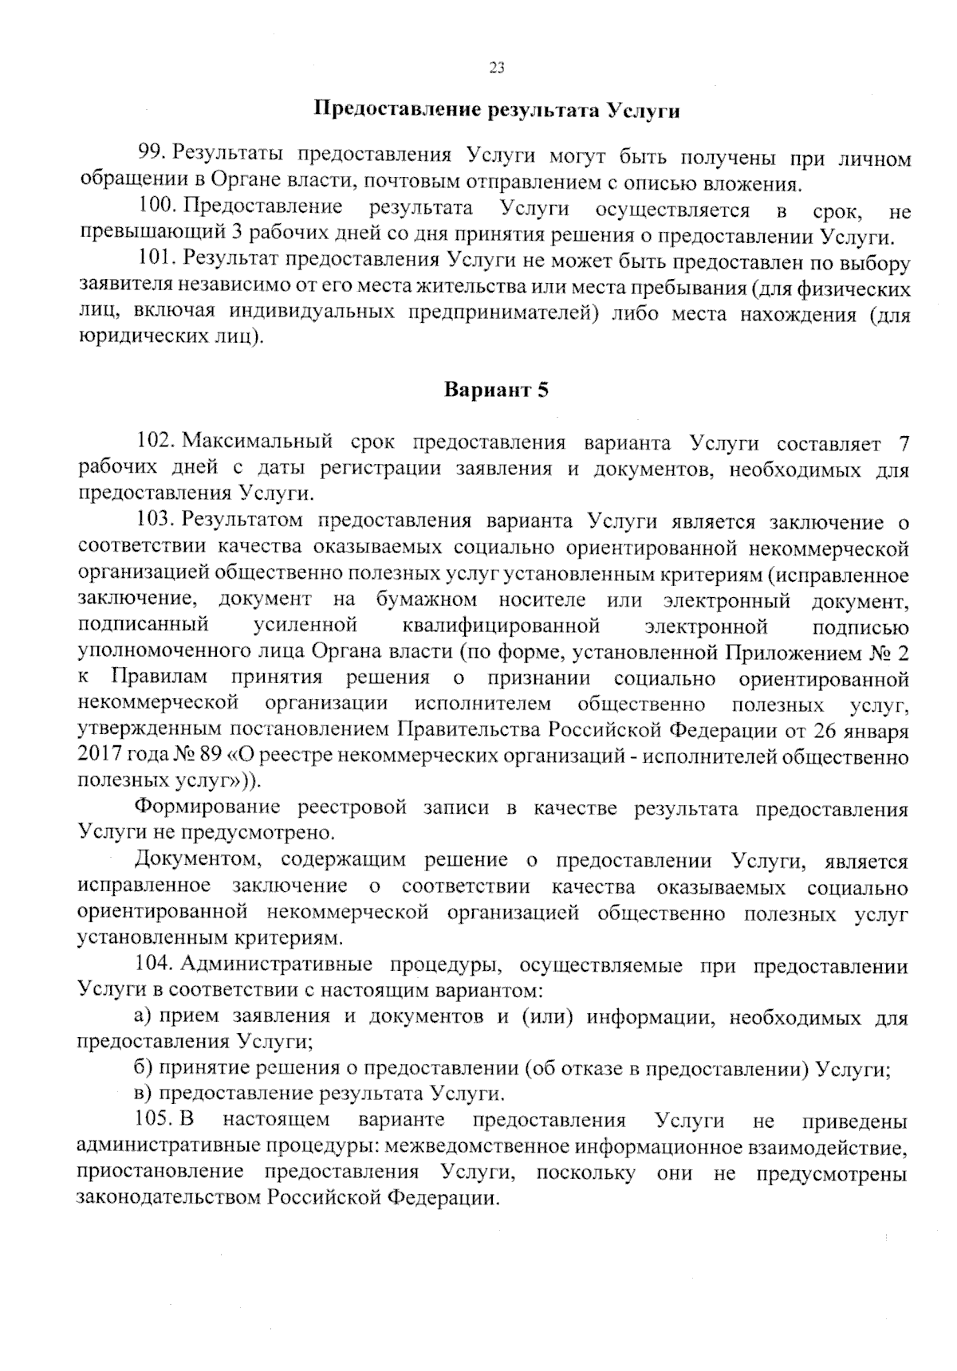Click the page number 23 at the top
[495, 69]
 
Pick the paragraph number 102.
[156, 443]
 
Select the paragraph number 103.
[156, 521]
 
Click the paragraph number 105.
[155, 1121]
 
